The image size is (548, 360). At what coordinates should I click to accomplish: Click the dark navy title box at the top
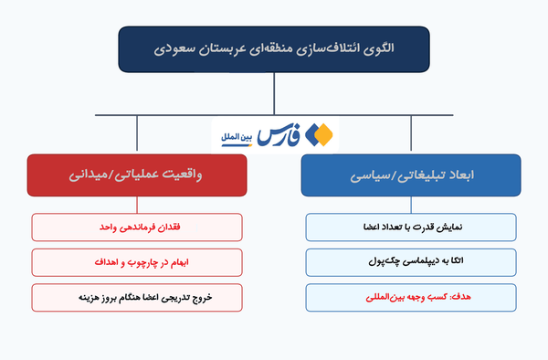274,49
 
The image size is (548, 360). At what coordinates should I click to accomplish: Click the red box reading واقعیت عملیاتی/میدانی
137,175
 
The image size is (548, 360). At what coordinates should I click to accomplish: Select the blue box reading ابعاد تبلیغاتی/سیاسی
411,175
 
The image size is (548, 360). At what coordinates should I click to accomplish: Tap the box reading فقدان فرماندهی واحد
137,228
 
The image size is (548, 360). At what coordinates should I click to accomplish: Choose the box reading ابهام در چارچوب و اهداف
137,262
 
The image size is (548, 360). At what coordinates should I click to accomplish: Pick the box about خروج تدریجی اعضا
137,298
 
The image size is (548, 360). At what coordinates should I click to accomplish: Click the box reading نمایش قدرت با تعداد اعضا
411,228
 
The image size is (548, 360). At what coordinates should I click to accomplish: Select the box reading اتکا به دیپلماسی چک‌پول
411,262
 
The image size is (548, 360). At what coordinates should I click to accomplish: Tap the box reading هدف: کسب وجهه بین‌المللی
411,298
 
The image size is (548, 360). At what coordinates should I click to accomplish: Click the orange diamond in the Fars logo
324,135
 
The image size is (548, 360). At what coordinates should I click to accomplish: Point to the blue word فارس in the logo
279,135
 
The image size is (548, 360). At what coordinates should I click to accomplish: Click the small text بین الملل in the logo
237,137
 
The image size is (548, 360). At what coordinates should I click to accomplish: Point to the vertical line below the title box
274,94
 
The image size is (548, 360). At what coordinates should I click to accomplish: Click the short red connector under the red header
137,205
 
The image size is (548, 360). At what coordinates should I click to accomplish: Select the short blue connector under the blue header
411,205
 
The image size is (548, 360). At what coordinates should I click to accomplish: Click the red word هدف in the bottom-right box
461,297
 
